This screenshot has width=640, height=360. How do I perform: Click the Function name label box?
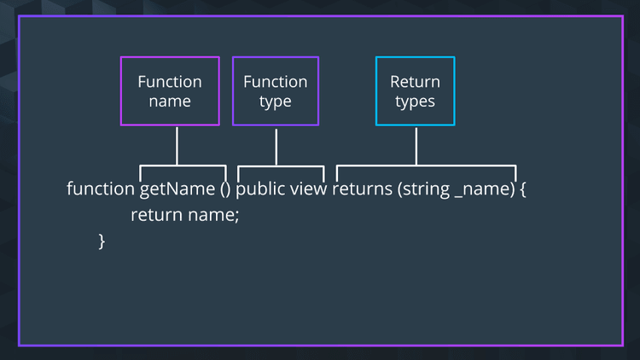click(x=170, y=91)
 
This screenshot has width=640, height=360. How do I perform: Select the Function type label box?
click(x=276, y=91)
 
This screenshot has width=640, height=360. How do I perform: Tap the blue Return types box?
click(x=416, y=91)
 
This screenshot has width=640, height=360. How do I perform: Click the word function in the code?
click(x=101, y=189)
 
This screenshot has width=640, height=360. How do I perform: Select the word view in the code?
click(x=309, y=189)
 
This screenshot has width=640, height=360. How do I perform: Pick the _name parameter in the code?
click(x=482, y=189)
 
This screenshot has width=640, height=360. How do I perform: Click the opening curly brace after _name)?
click(x=523, y=189)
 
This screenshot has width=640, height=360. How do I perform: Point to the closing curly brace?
click(x=102, y=241)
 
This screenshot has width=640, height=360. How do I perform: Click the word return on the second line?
click(x=156, y=215)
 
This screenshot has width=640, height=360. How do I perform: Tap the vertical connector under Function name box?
click(x=177, y=145)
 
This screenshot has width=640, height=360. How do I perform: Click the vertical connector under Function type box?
click(x=276, y=145)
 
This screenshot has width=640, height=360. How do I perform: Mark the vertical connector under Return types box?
click(x=416, y=145)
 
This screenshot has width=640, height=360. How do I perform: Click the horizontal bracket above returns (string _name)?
click(x=427, y=165)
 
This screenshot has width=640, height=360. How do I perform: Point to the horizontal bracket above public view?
click(x=280, y=165)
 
